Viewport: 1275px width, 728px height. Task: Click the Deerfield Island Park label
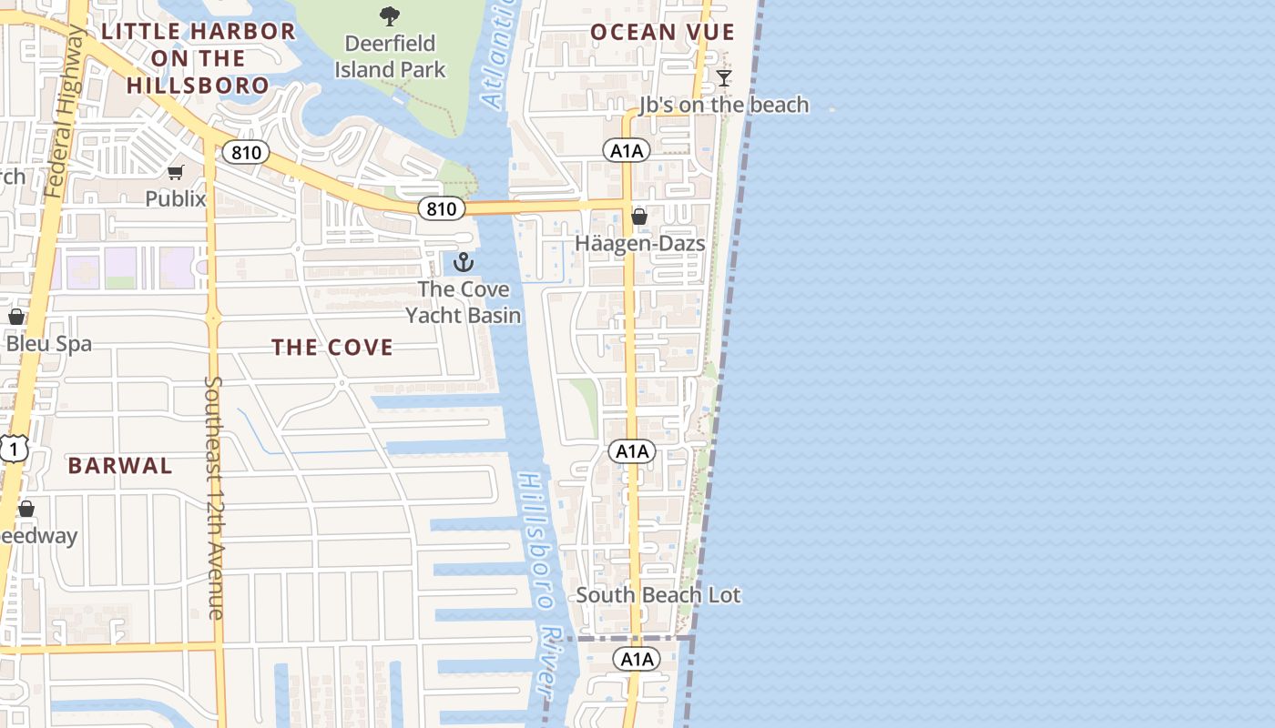click(x=390, y=56)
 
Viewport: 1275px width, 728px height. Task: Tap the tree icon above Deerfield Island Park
click(x=390, y=15)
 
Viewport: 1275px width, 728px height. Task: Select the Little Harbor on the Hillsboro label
click(x=199, y=58)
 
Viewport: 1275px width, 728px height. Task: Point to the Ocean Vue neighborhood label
click(x=662, y=33)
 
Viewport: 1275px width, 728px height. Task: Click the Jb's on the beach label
click(x=724, y=105)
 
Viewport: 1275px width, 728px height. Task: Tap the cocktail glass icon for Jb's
click(x=724, y=78)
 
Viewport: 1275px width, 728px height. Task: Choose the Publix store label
click(x=176, y=198)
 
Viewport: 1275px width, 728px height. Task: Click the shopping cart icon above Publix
click(x=176, y=172)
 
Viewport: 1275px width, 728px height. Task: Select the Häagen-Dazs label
click(x=639, y=244)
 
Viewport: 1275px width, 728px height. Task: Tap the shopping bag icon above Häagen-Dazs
click(x=639, y=217)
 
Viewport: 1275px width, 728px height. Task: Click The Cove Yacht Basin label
click(x=464, y=302)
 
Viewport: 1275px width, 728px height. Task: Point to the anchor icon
click(x=464, y=263)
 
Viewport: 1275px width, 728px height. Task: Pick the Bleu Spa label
click(x=49, y=344)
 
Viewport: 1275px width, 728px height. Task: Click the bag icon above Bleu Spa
click(x=16, y=317)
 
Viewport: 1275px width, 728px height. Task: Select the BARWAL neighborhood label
click(x=120, y=466)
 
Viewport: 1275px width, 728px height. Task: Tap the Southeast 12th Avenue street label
click(x=214, y=498)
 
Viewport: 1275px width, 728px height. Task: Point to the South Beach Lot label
click(x=658, y=595)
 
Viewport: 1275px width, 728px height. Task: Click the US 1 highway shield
click(x=14, y=449)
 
